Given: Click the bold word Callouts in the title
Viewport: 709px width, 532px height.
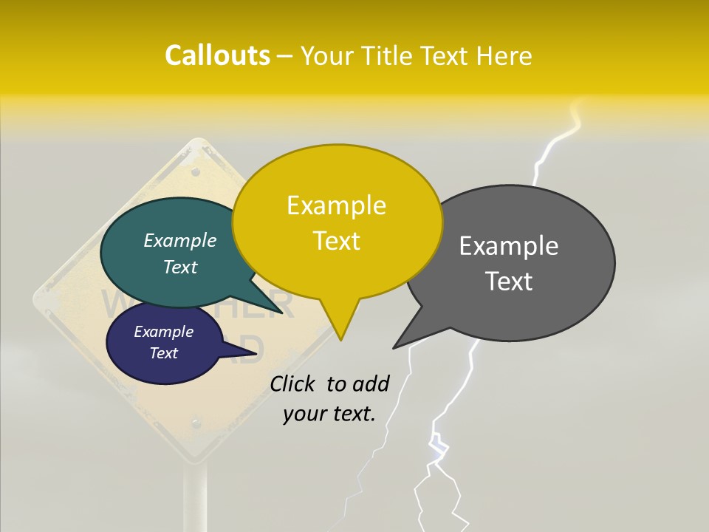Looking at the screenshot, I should point(217,56).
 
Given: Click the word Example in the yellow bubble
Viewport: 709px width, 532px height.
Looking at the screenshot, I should point(336,205).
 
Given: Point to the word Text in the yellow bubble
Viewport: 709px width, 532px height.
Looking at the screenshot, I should point(336,241).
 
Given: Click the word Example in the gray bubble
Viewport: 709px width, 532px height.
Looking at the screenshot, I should point(509,246).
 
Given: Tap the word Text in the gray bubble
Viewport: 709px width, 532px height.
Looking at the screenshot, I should point(509,282).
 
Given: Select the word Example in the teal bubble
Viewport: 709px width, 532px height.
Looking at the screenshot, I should point(180,240).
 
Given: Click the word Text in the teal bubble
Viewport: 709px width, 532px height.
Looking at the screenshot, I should point(180,267).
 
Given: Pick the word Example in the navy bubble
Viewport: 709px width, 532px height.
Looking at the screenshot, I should point(164,332).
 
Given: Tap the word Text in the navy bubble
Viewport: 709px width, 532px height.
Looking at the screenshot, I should point(164,353).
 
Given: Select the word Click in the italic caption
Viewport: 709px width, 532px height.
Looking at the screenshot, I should point(294,383).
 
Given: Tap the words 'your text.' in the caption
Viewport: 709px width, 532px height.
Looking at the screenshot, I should point(329,414).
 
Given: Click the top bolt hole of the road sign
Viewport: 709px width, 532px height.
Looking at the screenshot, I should point(196,171).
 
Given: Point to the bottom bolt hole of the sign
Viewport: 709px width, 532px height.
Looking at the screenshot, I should point(196,423).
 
